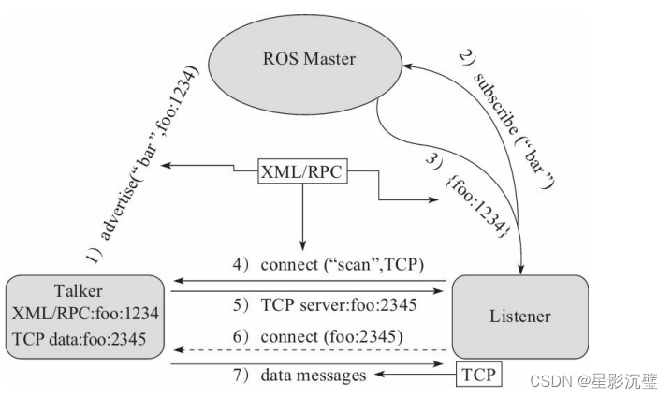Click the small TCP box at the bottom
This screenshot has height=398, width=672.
coord(477,376)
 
